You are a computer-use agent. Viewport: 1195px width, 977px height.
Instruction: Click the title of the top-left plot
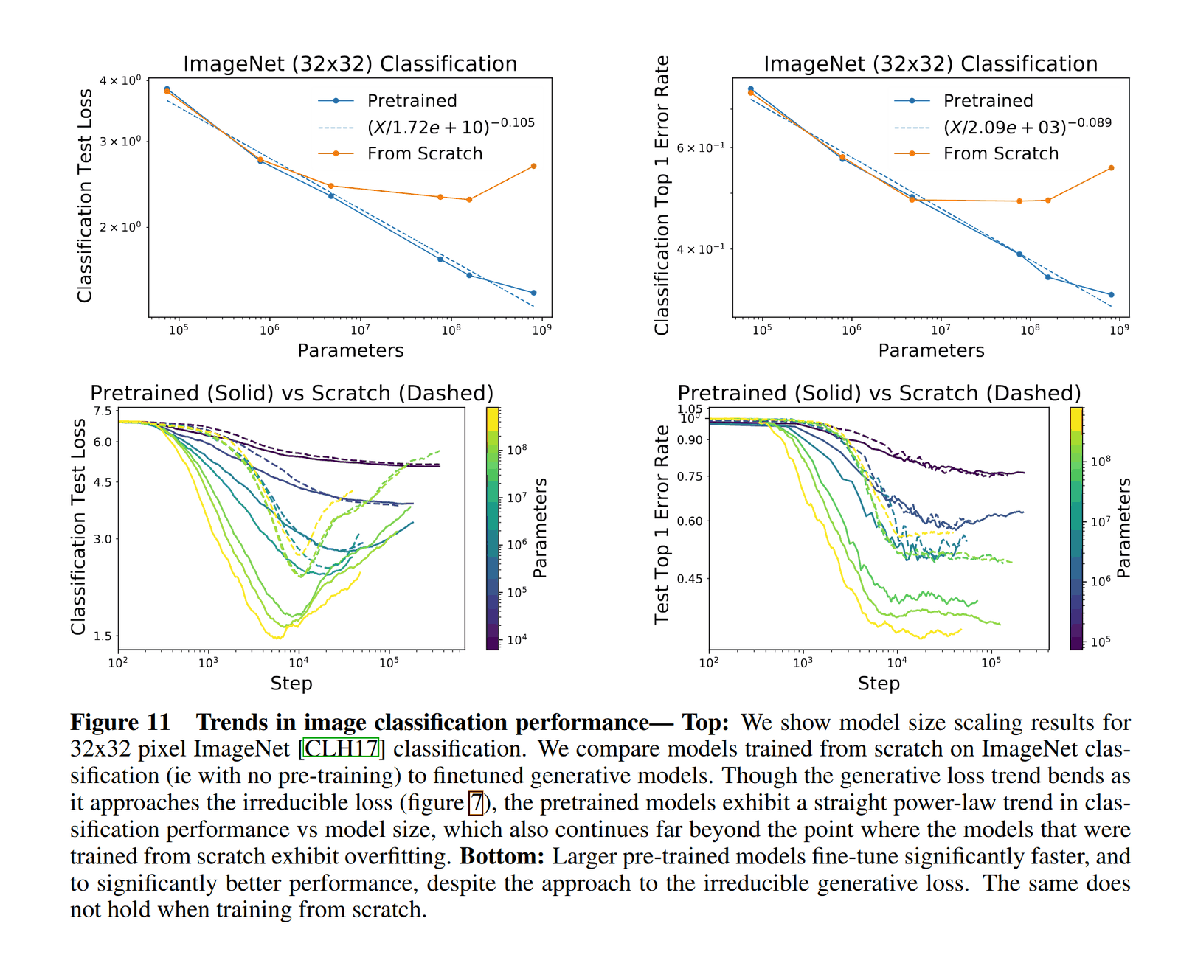[350, 64]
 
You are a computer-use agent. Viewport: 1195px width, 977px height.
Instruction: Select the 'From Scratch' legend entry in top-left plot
[424, 153]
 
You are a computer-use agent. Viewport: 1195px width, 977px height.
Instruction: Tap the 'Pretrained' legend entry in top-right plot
[988, 100]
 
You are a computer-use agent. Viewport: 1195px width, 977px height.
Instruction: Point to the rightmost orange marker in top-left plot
[533, 166]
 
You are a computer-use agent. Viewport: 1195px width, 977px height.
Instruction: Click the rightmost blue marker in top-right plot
[1111, 295]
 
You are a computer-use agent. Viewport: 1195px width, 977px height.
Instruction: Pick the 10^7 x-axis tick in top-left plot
[359, 330]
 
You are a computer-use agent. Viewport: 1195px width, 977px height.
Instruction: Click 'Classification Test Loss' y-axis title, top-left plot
[85, 195]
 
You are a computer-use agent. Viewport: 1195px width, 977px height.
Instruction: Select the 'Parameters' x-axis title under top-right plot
[931, 351]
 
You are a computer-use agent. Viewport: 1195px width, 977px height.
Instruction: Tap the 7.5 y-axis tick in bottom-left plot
[103, 411]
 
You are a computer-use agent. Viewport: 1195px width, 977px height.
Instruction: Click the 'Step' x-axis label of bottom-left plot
[291, 684]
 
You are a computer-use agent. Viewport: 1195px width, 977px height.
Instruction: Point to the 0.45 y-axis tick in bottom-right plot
[690, 579]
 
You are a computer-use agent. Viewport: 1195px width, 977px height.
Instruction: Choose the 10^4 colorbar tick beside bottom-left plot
[517, 639]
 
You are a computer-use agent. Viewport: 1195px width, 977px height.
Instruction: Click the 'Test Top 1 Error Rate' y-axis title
[662, 524]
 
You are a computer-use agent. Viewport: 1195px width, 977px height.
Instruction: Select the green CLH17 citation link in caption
[342, 749]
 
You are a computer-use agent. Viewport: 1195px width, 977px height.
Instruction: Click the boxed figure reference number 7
[477, 802]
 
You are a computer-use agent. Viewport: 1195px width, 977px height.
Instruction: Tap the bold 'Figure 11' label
[120, 722]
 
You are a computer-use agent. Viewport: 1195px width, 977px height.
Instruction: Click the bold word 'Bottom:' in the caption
[502, 856]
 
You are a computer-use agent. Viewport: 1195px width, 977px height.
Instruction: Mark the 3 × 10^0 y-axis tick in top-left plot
[120, 141]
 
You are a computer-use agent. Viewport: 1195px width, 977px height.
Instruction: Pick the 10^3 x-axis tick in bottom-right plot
[803, 662]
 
